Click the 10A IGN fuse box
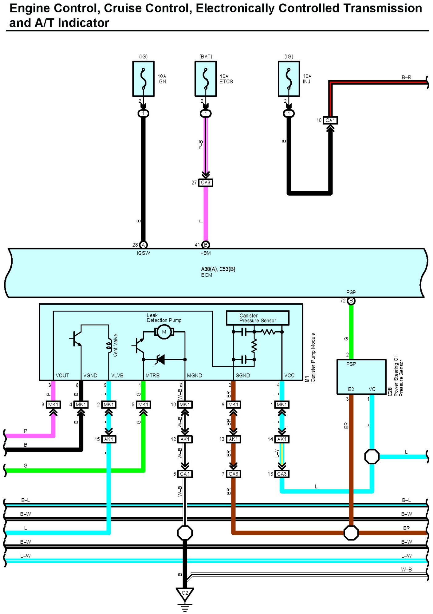(x=143, y=79)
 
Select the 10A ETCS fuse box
(x=206, y=79)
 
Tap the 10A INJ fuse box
(x=289, y=79)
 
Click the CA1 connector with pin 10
(x=330, y=120)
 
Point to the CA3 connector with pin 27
(x=206, y=183)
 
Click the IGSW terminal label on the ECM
(x=143, y=253)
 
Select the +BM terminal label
(x=206, y=253)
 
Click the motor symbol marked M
(x=164, y=332)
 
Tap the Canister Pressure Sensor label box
(x=258, y=318)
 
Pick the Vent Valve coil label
(x=116, y=345)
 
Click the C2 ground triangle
(x=185, y=594)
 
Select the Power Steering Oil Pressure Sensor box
(x=361, y=377)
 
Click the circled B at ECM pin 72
(x=351, y=301)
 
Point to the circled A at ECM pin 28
(x=143, y=245)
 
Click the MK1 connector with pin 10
(x=185, y=405)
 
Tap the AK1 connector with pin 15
(x=109, y=439)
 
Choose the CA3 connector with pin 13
(x=282, y=474)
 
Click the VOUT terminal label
(x=62, y=376)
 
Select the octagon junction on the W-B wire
(x=185, y=533)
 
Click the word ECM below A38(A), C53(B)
(x=207, y=275)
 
